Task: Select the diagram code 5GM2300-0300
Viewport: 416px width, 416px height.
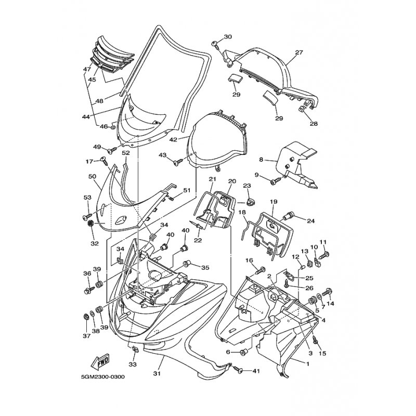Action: point(102,377)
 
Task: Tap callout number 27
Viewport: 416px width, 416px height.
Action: point(298,53)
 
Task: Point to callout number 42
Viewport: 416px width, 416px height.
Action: point(173,139)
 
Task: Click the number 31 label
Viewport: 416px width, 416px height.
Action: point(157,373)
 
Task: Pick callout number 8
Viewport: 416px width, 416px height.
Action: point(261,160)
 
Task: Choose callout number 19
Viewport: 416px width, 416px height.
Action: point(274,202)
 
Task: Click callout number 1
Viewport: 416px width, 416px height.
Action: point(308,364)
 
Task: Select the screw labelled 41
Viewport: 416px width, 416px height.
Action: point(239,369)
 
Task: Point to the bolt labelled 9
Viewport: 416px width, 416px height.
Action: point(275,181)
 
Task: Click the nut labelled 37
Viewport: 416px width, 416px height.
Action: point(86,317)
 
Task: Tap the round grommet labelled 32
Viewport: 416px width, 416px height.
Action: point(90,224)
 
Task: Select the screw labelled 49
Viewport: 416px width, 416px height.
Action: point(113,150)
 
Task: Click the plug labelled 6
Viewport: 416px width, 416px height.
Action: point(243,352)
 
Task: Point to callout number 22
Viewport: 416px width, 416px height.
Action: point(198,240)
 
